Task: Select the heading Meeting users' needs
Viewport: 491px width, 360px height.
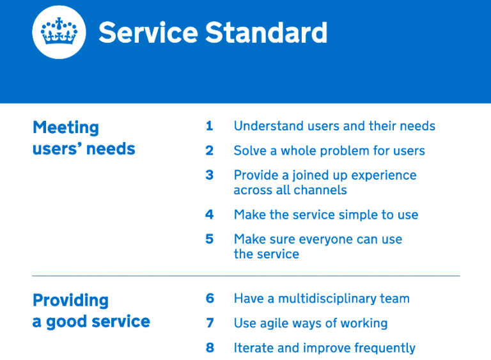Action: (84, 138)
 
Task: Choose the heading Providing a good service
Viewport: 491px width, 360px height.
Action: (91, 311)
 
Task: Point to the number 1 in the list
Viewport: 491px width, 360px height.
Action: (209, 126)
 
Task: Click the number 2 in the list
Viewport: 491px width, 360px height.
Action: (209, 151)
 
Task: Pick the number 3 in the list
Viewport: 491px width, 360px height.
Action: (209, 175)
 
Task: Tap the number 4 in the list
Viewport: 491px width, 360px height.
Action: (209, 215)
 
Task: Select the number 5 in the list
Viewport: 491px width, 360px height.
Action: (209, 239)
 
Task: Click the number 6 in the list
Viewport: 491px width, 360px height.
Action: (209, 299)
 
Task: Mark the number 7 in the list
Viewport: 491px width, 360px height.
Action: (209, 323)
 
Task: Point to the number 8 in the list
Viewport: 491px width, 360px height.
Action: (209, 348)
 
